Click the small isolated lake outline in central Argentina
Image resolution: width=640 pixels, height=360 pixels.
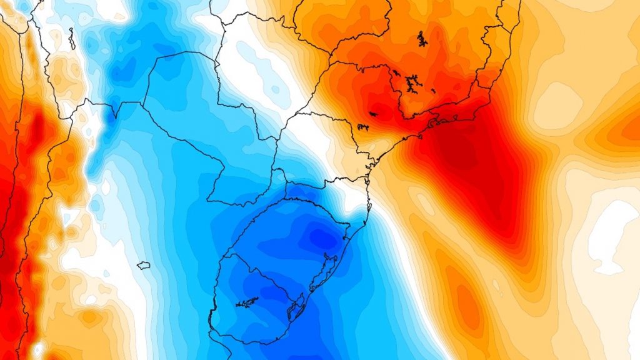144,265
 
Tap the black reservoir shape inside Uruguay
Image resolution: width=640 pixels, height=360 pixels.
247,303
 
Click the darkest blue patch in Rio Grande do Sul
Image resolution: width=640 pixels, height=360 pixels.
322,238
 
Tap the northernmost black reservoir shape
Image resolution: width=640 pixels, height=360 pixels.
422,39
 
